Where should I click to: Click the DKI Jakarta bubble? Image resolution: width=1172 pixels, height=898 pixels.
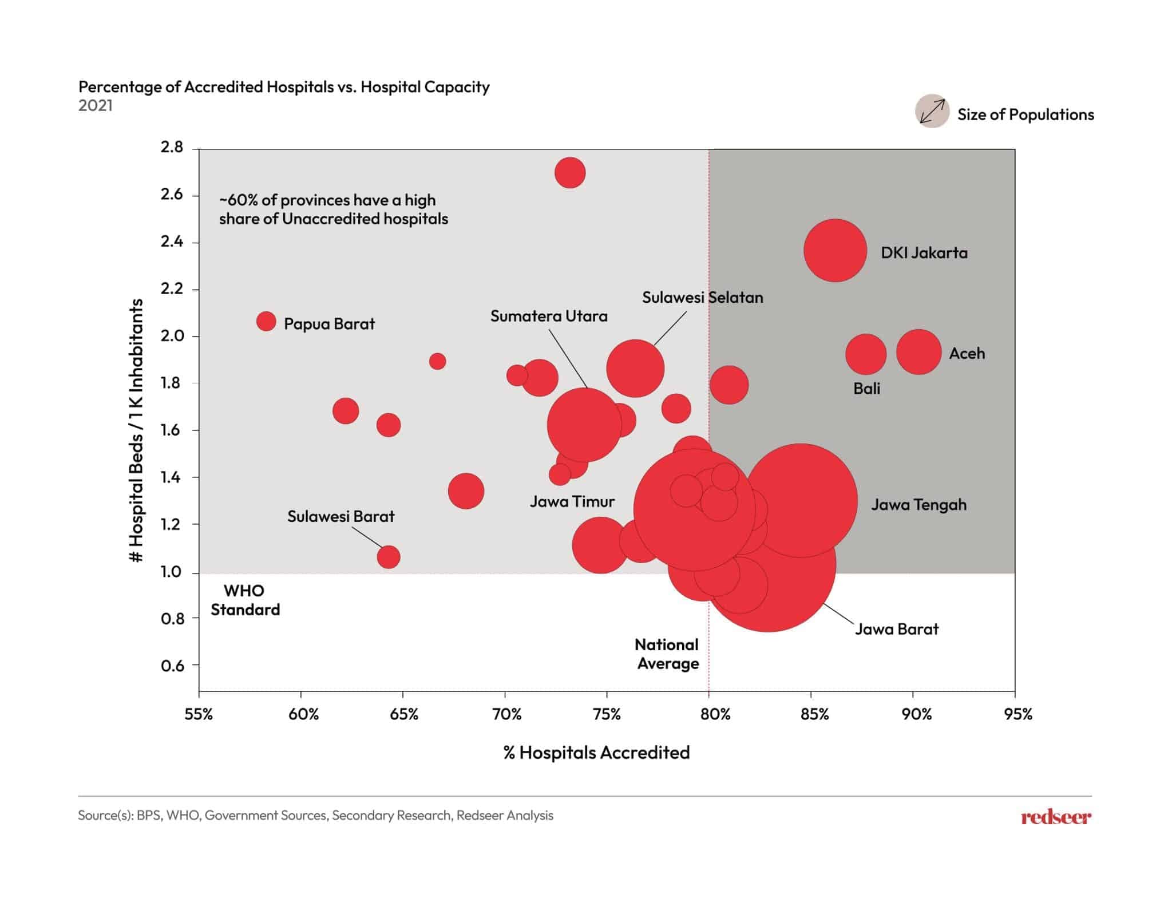(835, 251)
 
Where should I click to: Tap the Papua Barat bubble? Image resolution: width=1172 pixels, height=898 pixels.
(266, 322)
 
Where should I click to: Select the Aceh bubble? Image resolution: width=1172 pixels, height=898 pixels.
(918, 352)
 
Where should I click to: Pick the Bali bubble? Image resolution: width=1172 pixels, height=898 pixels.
(866, 355)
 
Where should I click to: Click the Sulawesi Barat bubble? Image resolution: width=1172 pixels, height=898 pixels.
(389, 557)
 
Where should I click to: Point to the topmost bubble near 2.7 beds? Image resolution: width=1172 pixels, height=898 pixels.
(570, 173)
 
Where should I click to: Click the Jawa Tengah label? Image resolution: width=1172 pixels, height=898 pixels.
(918, 505)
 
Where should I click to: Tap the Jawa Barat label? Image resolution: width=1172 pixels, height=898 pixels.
(897, 629)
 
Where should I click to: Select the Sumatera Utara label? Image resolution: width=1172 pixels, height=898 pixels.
(549, 316)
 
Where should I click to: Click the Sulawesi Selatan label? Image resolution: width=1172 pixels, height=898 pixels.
(702, 298)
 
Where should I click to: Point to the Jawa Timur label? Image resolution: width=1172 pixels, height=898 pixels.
(572, 502)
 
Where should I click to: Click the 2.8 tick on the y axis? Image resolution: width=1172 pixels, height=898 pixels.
(172, 148)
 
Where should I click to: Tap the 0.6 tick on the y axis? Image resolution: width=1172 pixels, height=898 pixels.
(172, 666)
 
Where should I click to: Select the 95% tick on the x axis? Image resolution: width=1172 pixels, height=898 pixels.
(1018, 714)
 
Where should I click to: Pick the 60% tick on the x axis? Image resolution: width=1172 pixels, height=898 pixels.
(303, 714)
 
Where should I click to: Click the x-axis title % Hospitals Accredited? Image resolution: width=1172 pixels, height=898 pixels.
(596, 752)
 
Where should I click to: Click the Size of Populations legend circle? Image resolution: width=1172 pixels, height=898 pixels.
(932, 111)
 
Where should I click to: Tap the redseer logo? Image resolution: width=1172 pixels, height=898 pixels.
(1056, 817)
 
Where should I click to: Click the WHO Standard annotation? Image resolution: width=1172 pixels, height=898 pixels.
(245, 600)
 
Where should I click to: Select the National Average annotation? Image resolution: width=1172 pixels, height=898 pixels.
(667, 654)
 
